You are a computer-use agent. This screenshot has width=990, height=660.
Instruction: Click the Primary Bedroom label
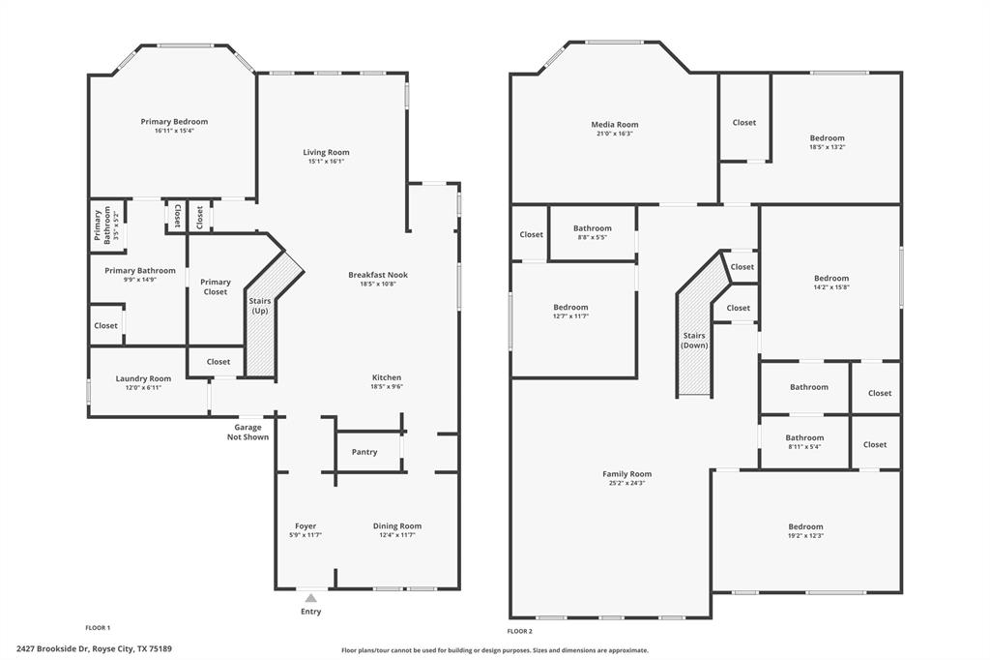click(x=174, y=122)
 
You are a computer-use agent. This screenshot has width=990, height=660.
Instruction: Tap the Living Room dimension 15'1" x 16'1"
click(x=326, y=162)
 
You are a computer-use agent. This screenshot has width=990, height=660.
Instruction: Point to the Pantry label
click(x=364, y=452)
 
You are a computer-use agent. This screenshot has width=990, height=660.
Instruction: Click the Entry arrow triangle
click(x=310, y=598)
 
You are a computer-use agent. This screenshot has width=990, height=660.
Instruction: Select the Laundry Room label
click(x=143, y=378)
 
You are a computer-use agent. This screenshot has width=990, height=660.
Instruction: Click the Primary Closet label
click(x=216, y=286)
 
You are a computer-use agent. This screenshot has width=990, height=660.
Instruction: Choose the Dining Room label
click(x=397, y=526)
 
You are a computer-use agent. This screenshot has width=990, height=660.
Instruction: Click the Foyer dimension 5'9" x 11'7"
click(x=306, y=535)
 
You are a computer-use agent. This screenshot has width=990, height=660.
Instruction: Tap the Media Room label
click(x=615, y=124)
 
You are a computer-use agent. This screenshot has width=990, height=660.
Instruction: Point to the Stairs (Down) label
click(x=694, y=340)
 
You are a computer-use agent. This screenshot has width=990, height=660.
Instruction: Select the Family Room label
click(x=627, y=474)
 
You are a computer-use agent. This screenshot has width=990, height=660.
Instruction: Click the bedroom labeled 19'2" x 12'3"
click(x=805, y=530)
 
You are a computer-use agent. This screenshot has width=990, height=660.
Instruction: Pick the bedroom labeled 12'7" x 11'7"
click(x=570, y=311)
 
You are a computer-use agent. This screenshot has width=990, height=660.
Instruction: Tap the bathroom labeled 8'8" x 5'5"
click(x=592, y=232)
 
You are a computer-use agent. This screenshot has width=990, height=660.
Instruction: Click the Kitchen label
click(x=387, y=377)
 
